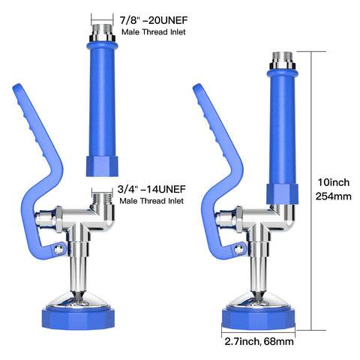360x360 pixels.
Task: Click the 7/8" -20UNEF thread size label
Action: pyautogui.click(x=154, y=20)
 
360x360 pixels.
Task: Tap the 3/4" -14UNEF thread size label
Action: pyautogui.click(x=151, y=189)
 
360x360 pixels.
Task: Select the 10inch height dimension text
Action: pyautogui.click(x=333, y=182)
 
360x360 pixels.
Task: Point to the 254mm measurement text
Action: pyautogui.click(x=333, y=196)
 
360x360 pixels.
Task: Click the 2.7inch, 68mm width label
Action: pyautogui.click(x=259, y=341)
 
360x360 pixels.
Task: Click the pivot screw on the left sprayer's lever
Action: pyautogui.click(x=59, y=249)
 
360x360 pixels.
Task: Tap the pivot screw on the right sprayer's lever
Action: pyautogui.click(x=239, y=249)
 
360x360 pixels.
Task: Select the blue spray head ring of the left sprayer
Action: pyautogui.click(x=78, y=318)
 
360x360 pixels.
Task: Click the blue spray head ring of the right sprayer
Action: pyautogui.click(x=259, y=318)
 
